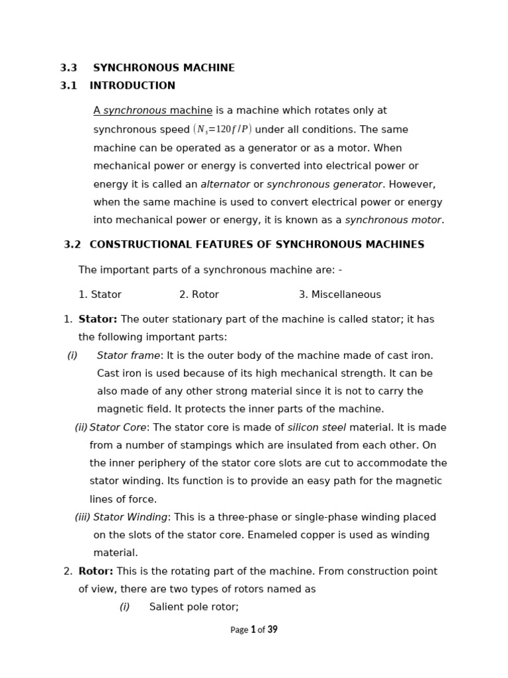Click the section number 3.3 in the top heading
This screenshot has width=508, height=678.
tap(69, 68)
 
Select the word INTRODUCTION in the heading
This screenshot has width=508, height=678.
tap(132, 86)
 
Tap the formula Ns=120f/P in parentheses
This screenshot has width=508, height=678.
tap(222, 130)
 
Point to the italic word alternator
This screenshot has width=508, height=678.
tap(225, 185)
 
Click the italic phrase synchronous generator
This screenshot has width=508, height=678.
tap(324, 185)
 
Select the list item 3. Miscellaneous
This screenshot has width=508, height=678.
tap(339, 295)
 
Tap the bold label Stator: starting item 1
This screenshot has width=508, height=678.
tap(98, 320)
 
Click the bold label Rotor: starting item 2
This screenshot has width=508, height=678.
tap(96, 571)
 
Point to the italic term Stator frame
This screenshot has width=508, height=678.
tap(128, 356)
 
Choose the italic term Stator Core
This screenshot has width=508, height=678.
tap(118, 428)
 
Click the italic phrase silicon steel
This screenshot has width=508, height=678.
tap(316, 428)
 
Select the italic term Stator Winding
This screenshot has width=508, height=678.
tap(130, 518)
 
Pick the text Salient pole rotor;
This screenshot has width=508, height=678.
tap(194, 607)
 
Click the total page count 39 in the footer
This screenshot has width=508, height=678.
tap(273, 630)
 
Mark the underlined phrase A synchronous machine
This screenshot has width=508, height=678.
tap(153, 111)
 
